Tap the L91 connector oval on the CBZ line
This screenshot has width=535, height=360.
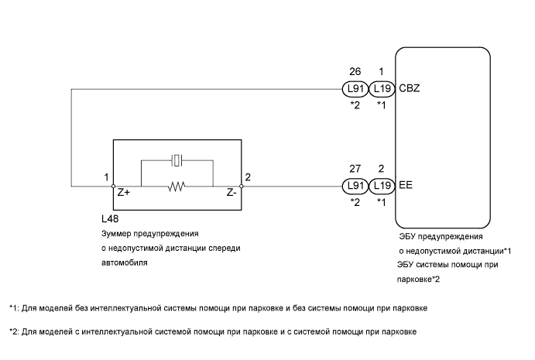(355, 90)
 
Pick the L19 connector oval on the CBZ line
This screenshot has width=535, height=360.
(382, 90)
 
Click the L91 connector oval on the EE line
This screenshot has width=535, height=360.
(355, 186)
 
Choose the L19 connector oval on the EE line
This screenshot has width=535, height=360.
(382, 186)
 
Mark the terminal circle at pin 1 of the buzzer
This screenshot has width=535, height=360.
(114, 186)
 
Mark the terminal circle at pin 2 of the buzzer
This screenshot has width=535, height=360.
(242, 186)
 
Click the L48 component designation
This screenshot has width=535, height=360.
(110, 220)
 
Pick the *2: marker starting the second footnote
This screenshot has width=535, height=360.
(14, 332)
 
